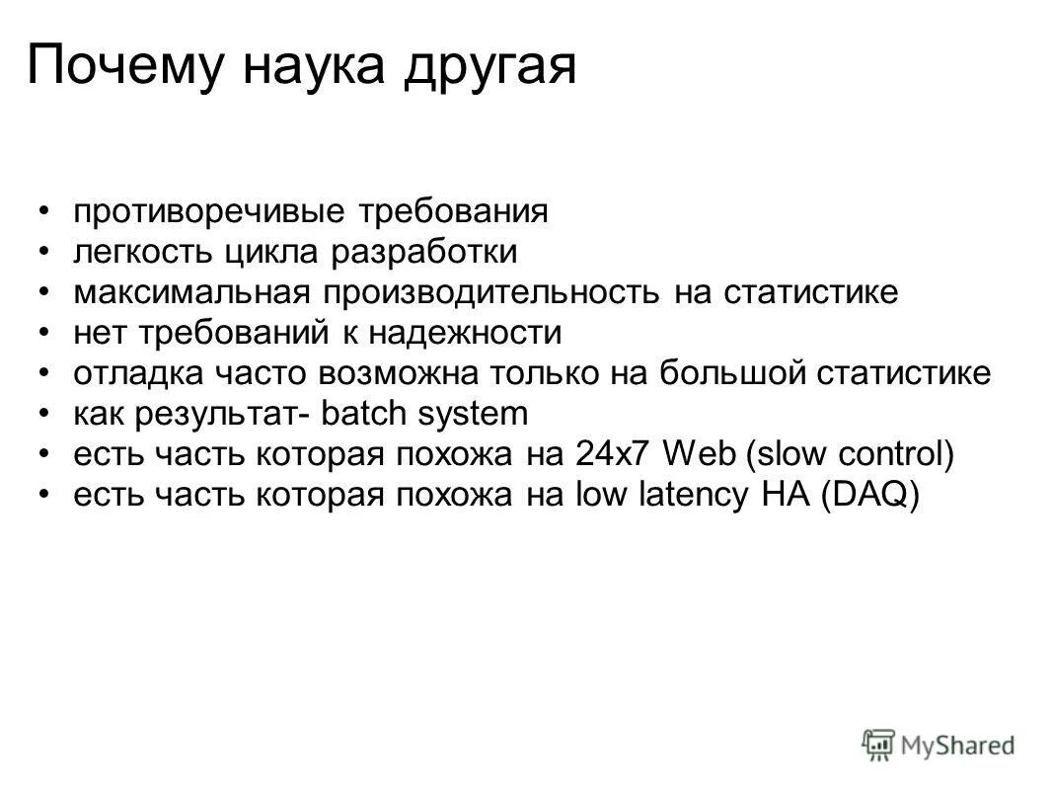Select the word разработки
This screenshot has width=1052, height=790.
click(x=423, y=253)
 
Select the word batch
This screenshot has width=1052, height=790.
click(x=365, y=415)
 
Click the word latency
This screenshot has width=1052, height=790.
click(x=686, y=496)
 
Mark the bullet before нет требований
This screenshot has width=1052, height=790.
click(x=43, y=334)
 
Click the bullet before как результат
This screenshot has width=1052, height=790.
click(x=43, y=415)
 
